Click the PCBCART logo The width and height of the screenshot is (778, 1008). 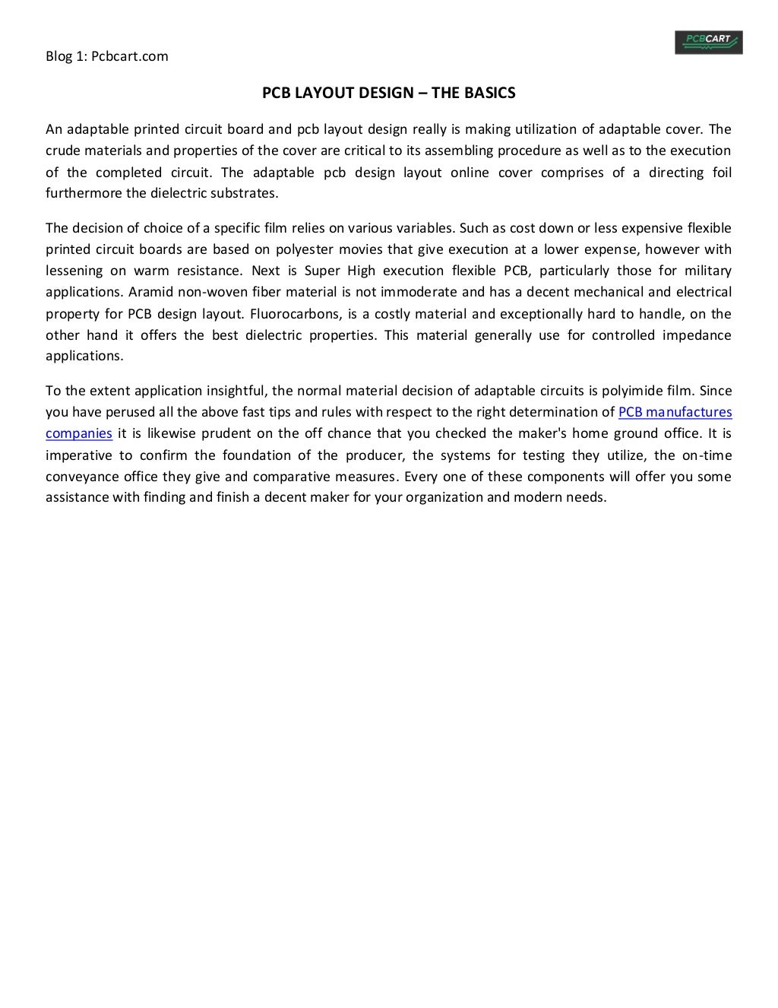pos(708,42)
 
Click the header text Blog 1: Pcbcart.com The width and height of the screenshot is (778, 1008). pos(107,56)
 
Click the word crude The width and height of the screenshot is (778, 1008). pos(62,150)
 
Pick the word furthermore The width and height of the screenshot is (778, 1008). pos(84,193)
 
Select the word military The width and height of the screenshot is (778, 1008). pos(707,271)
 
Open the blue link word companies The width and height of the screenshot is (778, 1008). pos(79,434)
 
